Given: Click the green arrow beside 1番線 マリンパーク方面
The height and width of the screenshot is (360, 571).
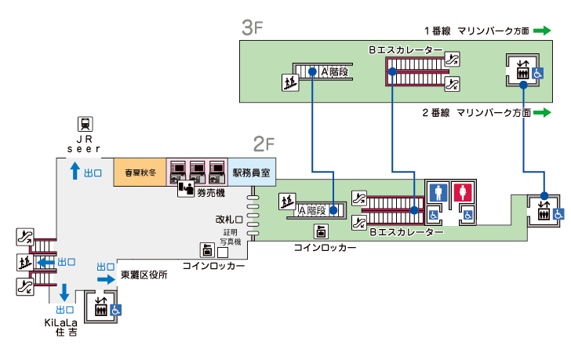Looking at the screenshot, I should click(543, 31).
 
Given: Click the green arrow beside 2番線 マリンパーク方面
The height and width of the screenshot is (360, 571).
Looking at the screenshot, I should click(543, 113).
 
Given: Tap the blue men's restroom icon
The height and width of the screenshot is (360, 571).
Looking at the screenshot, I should click(438, 192).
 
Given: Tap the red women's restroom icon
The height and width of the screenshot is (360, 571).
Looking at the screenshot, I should click(464, 192).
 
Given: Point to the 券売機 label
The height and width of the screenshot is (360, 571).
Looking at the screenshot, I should click(210, 192).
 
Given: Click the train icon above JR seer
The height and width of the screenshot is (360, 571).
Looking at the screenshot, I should click(84, 123).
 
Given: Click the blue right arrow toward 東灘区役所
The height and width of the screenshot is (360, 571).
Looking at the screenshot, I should click(106, 279).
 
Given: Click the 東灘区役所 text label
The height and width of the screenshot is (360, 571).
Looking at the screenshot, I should click(144, 275).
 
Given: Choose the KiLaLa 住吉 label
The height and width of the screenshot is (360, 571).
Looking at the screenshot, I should click(60, 327).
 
